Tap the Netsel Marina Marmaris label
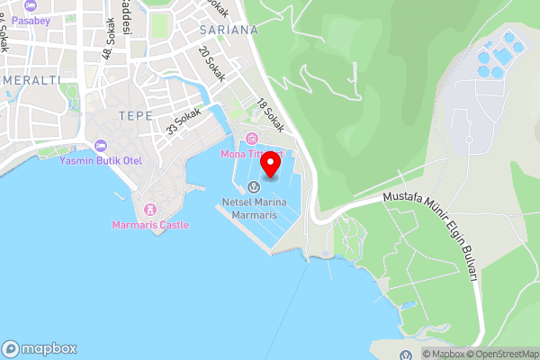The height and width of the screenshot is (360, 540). tap(255, 210)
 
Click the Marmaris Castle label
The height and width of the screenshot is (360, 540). tap(150, 224)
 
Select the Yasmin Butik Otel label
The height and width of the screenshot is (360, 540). tap(101, 160)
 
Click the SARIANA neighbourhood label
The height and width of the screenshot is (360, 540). tap(225, 30)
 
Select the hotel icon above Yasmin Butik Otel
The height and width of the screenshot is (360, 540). tap(100, 145)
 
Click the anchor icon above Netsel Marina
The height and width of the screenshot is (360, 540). tap(255, 186)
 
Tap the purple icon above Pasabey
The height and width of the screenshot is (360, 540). tap(30, 4)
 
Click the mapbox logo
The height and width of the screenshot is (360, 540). tap(40, 349)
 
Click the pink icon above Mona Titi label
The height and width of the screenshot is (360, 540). tap(251, 139)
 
